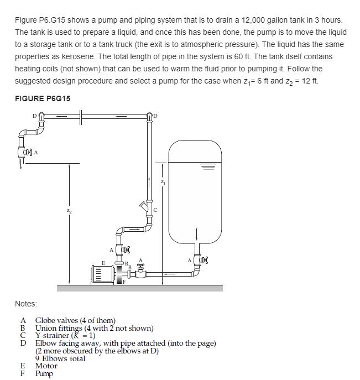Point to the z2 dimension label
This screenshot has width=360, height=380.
(69, 209)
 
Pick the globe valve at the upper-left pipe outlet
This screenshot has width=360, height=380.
(25, 152)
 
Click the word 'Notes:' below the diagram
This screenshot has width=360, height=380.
(26, 304)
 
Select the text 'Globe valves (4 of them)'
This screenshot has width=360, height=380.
(75, 320)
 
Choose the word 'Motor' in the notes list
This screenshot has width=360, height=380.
(46, 366)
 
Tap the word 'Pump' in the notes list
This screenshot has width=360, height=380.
(45, 373)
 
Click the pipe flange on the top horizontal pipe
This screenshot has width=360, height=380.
(81, 117)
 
